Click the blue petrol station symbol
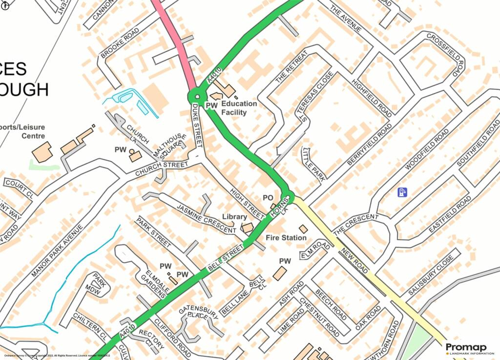click(402, 192)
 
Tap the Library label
click(234, 216)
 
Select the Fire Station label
click(286, 238)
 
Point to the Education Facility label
click(239, 108)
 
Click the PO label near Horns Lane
click(268, 198)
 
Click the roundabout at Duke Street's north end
click(197, 96)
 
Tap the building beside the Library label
click(248, 227)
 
